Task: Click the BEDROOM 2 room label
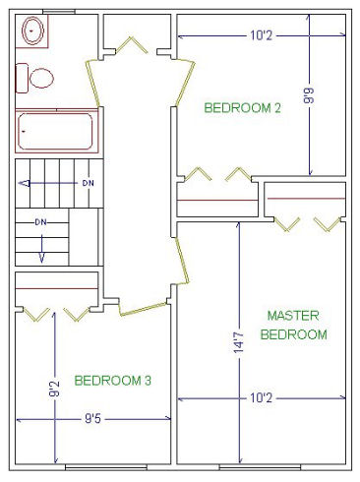click(242, 108)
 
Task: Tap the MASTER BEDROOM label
click(293, 325)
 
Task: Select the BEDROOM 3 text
click(113, 381)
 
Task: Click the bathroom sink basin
click(32, 30)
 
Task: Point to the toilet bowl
click(41, 78)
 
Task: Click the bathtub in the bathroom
click(56, 131)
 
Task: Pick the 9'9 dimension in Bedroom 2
click(309, 95)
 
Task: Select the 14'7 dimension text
click(238, 341)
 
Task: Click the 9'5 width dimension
click(92, 418)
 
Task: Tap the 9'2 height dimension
click(54, 389)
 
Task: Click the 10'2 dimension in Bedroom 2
click(261, 35)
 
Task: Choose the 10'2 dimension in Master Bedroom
click(261, 398)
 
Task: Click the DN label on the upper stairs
click(88, 183)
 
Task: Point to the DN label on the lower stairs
click(41, 222)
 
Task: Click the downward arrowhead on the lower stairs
click(41, 258)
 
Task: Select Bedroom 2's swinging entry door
click(186, 84)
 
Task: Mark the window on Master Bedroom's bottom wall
click(260, 467)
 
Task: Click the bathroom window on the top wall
click(59, 12)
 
